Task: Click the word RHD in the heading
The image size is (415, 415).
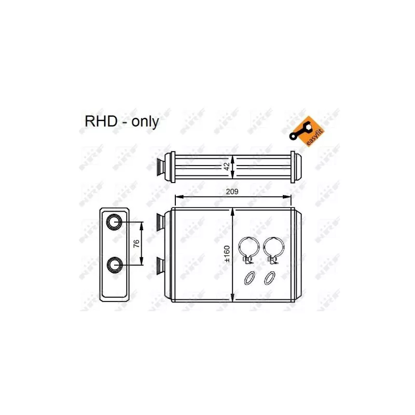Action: [101, 121]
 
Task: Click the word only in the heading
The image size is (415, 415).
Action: [145, 122]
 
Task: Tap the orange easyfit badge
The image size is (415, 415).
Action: [307, 131]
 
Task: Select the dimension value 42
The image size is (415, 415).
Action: [227, 166]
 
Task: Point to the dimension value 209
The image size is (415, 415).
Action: [232, 191]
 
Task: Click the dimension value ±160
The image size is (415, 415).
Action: [227, 254]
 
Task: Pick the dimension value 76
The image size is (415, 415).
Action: [136, 243]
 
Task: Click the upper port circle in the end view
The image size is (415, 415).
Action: [114, 222]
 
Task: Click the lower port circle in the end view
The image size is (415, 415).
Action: [115, 265]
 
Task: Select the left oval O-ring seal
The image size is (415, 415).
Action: [250, 278]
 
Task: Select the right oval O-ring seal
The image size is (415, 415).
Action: [270, 278]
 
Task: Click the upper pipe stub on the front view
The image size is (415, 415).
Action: [160, 222]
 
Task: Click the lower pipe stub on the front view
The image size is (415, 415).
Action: [160, 265]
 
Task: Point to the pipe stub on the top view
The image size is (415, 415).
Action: [161, 167]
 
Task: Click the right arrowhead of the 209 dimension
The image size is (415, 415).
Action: [287, 197]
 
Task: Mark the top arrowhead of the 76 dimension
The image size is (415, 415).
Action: [141, 226]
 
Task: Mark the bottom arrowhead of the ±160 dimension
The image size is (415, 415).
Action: [232, 298]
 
